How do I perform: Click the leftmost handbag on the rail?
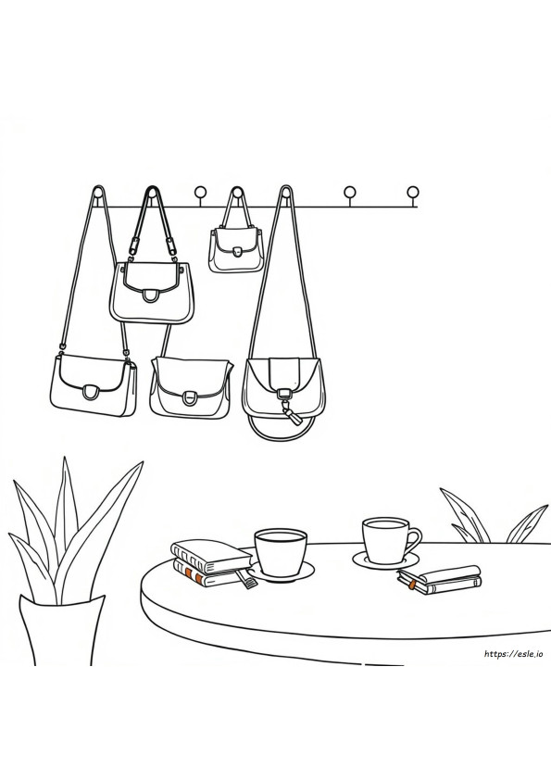(94, 383)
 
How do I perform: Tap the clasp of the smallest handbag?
(238, 252)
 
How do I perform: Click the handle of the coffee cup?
(413, 540)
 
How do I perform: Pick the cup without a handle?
(280, 551)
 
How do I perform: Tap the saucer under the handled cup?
(385, 560)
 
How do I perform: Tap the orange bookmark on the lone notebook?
(413, 585)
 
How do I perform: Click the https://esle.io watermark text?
(513, 654)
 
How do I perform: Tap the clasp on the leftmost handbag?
(91, 393)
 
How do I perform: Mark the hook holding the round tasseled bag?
(286, 194)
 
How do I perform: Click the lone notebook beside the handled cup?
(440, 580)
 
